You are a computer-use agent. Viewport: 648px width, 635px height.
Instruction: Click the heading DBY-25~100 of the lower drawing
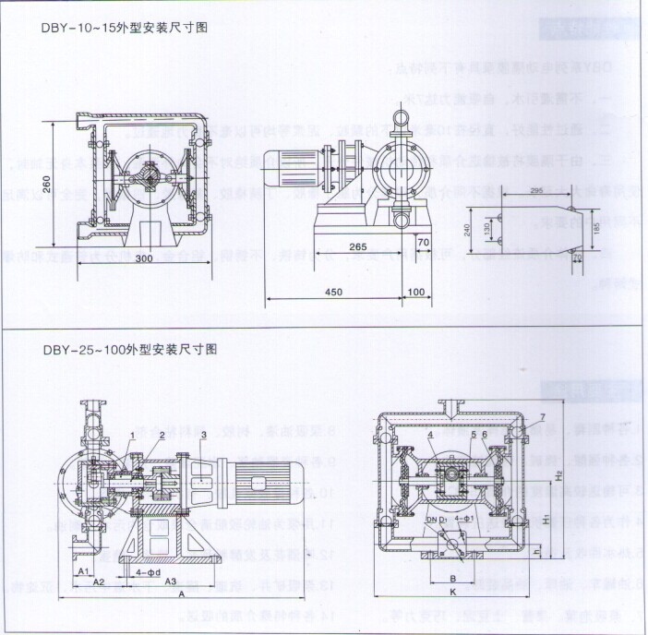tap(128, 350)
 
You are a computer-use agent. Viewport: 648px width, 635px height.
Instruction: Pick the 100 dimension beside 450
tap(415, 293)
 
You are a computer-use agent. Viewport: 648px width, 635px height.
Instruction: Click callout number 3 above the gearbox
tap(201, 433)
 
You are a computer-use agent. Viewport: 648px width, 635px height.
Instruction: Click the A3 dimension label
tap(172, 583)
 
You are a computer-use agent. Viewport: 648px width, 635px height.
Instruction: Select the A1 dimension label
tap(83, 572)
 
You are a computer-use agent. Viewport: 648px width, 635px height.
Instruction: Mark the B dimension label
tap(452, 579)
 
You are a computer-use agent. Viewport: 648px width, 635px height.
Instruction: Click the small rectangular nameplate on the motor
tap(258, 484)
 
